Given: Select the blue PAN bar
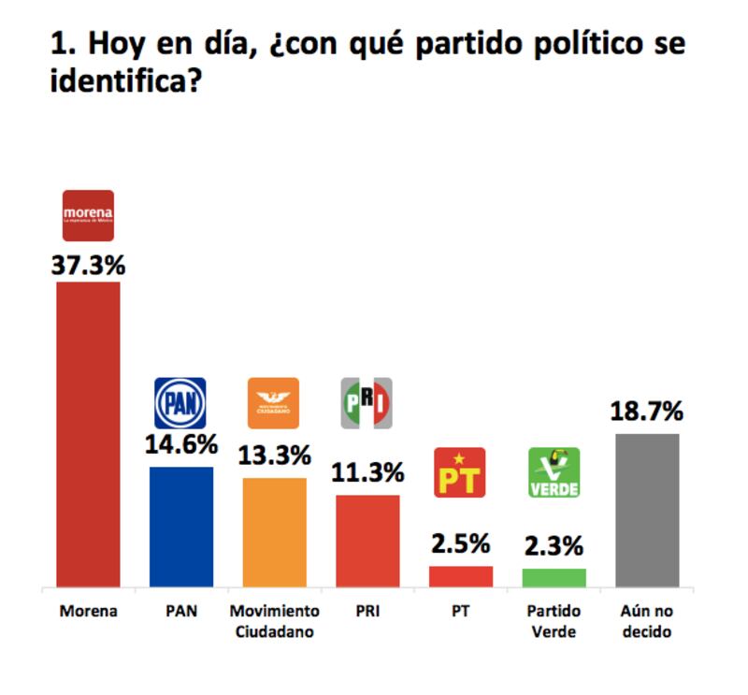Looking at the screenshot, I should tap(181, 527).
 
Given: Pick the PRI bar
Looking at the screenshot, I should tap(367, 541).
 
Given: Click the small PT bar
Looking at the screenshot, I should tap(461, 576).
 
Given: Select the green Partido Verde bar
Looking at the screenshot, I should tap(554, 577).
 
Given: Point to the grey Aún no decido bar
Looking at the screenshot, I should tap(647, 510).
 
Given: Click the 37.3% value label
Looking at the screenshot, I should tap(88, 265).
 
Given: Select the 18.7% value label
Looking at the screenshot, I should tap(647, 412).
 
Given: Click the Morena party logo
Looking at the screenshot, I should tap(88, 215).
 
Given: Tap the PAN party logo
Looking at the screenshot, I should tap(180, 403).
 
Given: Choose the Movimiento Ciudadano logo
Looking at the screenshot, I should tap(273, 403).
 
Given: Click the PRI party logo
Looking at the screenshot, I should tap(366, 403).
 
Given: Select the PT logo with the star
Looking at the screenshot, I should tap(460, 472).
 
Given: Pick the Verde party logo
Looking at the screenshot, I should tap(554, 472).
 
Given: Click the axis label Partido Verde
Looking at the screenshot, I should tap(554, 621).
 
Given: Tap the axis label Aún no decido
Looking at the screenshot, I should tap(647, 621).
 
